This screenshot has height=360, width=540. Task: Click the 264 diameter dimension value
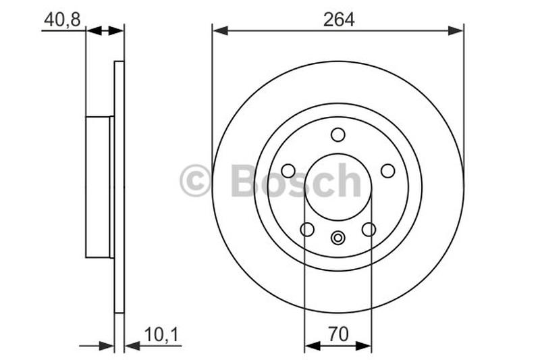(338, 20)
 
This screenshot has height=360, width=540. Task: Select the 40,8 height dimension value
(61, 20)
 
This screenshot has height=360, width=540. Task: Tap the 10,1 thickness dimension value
(159, 334)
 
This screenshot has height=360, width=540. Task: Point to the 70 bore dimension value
(337, 334)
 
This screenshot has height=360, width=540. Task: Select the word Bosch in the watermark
(296, 181)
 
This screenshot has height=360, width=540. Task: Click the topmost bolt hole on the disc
(338, 134)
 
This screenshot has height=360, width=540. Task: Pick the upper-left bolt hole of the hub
(288, 171)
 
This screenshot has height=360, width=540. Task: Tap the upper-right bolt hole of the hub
(387, 171)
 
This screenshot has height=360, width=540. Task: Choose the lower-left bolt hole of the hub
(307, 230)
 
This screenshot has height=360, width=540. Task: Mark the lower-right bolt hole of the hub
(369, 230)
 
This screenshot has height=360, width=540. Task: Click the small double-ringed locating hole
(338, 237)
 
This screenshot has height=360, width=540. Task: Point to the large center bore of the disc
(338, 187)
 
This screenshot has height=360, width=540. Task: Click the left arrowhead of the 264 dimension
(218, 30)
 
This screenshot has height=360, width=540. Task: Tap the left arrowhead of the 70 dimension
(310, 346)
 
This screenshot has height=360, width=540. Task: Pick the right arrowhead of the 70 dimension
(365, 346)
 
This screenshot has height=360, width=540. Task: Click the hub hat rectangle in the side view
(99, 187)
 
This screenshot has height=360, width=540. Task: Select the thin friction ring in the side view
(119, 187)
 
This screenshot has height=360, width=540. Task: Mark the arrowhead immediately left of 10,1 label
(131, 346)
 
